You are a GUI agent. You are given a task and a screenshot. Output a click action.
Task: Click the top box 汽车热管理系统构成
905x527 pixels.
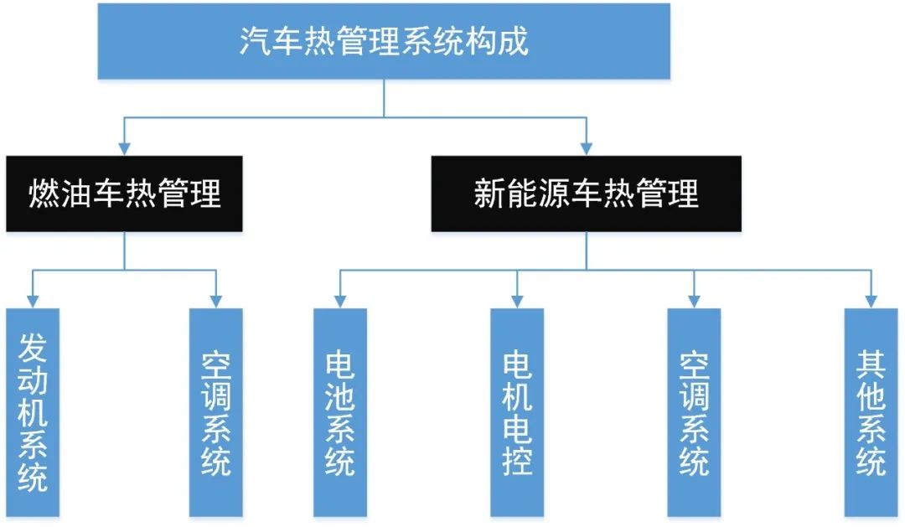(384, 41)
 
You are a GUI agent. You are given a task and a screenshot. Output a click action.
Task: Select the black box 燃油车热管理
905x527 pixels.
(124, 194)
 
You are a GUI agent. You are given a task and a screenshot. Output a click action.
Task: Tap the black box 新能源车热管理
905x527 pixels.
(586, 194)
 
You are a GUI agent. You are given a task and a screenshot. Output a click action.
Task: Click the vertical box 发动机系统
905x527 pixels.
(33, 411)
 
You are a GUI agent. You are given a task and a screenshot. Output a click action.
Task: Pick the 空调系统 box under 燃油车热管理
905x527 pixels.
(215, 411)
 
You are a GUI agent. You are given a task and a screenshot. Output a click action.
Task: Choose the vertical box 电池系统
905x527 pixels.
(339, 411)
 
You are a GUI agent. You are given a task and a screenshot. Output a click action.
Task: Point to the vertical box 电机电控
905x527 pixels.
(517, 411)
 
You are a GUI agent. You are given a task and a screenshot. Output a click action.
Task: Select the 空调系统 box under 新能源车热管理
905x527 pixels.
(694, 411)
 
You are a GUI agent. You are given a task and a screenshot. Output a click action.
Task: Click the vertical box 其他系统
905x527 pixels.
(871, 411)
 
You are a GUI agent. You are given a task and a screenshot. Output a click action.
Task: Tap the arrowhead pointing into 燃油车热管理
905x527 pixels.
(124, 148)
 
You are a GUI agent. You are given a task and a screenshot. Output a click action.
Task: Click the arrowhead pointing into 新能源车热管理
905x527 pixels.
(586, 148)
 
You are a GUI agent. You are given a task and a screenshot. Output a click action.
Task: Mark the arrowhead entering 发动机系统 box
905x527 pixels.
(33, 301)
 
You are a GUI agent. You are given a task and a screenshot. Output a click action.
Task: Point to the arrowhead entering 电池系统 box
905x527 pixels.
(339, 301)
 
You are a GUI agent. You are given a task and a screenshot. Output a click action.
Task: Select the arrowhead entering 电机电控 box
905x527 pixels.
(517, 301)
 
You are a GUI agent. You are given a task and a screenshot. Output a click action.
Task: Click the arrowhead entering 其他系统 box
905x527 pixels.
(871, 301)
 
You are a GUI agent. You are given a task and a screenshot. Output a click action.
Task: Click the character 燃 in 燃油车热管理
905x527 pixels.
(44, 194)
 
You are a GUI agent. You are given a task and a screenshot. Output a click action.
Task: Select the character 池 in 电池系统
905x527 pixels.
(339, 394)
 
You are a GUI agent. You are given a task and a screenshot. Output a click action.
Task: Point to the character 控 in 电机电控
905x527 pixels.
(517, 460)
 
